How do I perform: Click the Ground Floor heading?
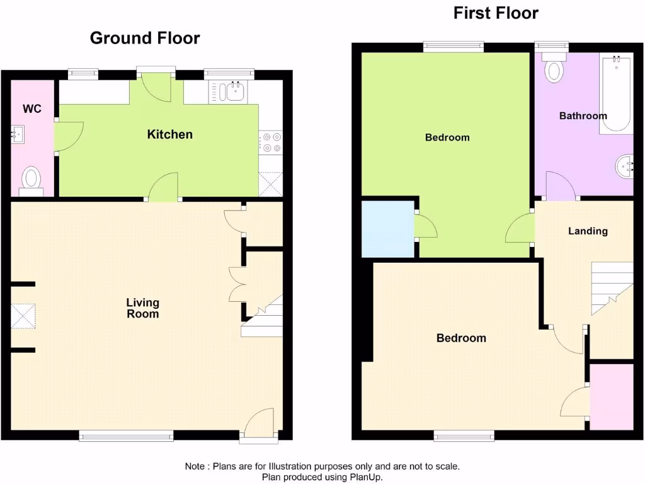coord(145,38)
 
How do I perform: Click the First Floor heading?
coord(496,13)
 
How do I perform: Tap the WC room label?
coord(32,109)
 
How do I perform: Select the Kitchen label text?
coord(169,134)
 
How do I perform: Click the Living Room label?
coord(143,308)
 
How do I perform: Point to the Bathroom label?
coord(583,116)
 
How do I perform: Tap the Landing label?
coord(588,231)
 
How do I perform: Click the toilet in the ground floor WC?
coord(30,178)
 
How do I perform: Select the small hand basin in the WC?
coord(18,134)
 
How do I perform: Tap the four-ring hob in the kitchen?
coord(271,142)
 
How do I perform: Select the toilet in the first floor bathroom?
coord(554,69)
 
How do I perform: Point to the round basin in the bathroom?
coord(624,166)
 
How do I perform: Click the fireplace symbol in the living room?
coord(23,316)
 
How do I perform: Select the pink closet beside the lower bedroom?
coord(610,396)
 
